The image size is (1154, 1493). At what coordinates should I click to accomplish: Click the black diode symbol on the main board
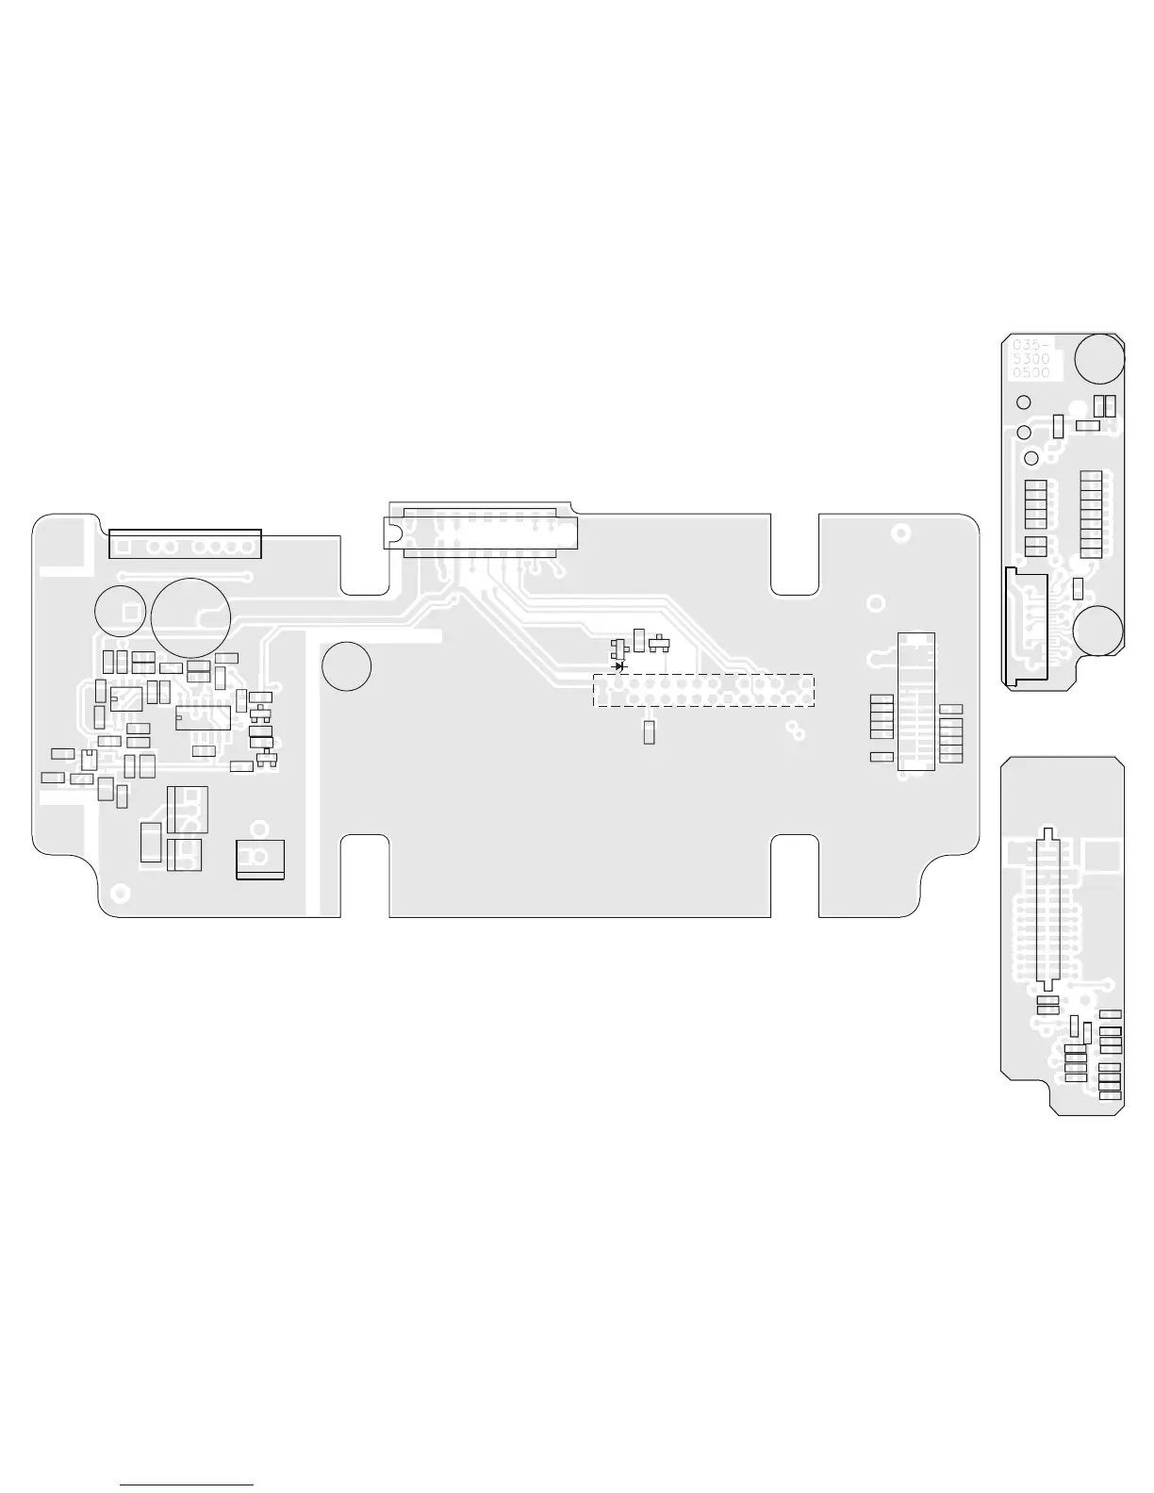pyautogui.click(x=619, y=665)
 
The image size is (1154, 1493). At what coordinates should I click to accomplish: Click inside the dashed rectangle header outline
pyautogui.click(x=702, y=690)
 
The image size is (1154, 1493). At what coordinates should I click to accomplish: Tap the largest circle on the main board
pyautogui.click(x=190, y=618)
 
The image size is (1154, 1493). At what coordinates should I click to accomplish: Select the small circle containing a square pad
pyautogui.click(x=120, y=610)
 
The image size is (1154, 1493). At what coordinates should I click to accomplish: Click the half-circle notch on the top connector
pyautogui.click(x=389, y=532)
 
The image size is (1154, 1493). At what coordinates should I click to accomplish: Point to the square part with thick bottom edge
pyautogui.click(x=260, y=859)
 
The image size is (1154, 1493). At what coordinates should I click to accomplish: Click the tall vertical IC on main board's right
pyautogui.click(x=915, y=701)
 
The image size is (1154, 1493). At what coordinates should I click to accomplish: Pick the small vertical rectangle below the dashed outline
pyautogui.click(x=649, y=732)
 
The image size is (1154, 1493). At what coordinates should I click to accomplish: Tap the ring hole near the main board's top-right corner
pyautogui.click(x=901, y=533)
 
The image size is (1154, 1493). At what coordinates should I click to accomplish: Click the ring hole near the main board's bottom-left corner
pyautogui.click(x=120, y=892)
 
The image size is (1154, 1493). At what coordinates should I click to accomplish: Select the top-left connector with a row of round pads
pyautogui.click(x=185, y=544)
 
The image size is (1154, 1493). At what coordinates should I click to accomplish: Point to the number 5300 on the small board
pyautogui.click(x=1030, y=359)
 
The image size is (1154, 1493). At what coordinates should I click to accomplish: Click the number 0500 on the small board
pyautogui.click(x=1030, y=373)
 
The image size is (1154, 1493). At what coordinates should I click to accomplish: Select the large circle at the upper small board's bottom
pyautogui.click(x=1098, y=630)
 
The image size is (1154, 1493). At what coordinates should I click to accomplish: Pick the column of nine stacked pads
pyautogui.click(x=1091, y=511)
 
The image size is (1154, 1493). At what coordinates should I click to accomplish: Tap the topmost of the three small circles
pyautogui.click(x=1023, y=402)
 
